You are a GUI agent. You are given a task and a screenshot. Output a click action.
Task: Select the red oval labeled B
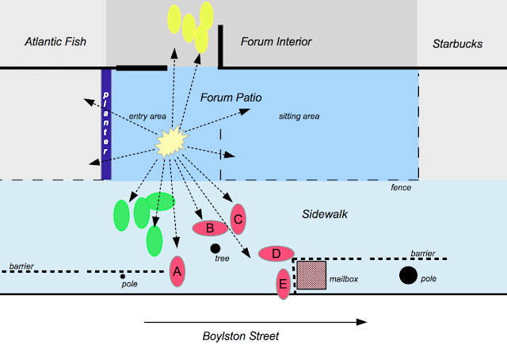pos(210,228)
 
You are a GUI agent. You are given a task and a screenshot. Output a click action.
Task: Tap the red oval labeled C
pos(238,218)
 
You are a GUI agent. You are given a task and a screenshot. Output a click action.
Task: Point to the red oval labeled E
pos(283,283)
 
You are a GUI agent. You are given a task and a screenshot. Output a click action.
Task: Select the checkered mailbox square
pos(311,275)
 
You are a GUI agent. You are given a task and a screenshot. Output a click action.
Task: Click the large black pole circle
pos(408,275)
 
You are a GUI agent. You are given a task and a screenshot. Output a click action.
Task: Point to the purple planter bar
pos(106,124)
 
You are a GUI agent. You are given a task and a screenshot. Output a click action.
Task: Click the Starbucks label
pos(458,44)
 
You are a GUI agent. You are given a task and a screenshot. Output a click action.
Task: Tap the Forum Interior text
pos(275,42)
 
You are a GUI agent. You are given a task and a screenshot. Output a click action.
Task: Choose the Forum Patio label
pos(231,98)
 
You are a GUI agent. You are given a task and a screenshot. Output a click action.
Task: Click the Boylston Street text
pos(241,336)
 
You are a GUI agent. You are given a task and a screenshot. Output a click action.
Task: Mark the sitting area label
pos(299,117)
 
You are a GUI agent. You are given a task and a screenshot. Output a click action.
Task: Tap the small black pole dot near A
pos(122,276)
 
